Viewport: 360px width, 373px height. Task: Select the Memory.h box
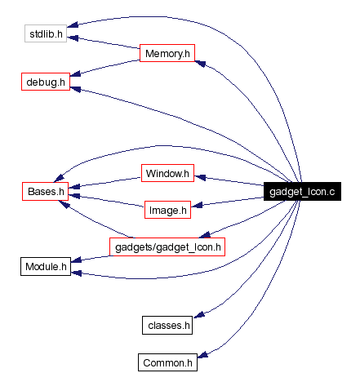click(x=167, y=55)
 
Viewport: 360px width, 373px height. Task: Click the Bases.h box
click(x=44, y=192)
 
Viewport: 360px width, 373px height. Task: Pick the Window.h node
click(x=167, y=173)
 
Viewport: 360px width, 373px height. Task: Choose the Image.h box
click(x=167, y=210)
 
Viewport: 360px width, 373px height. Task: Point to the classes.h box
click(x=167, y=325)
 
